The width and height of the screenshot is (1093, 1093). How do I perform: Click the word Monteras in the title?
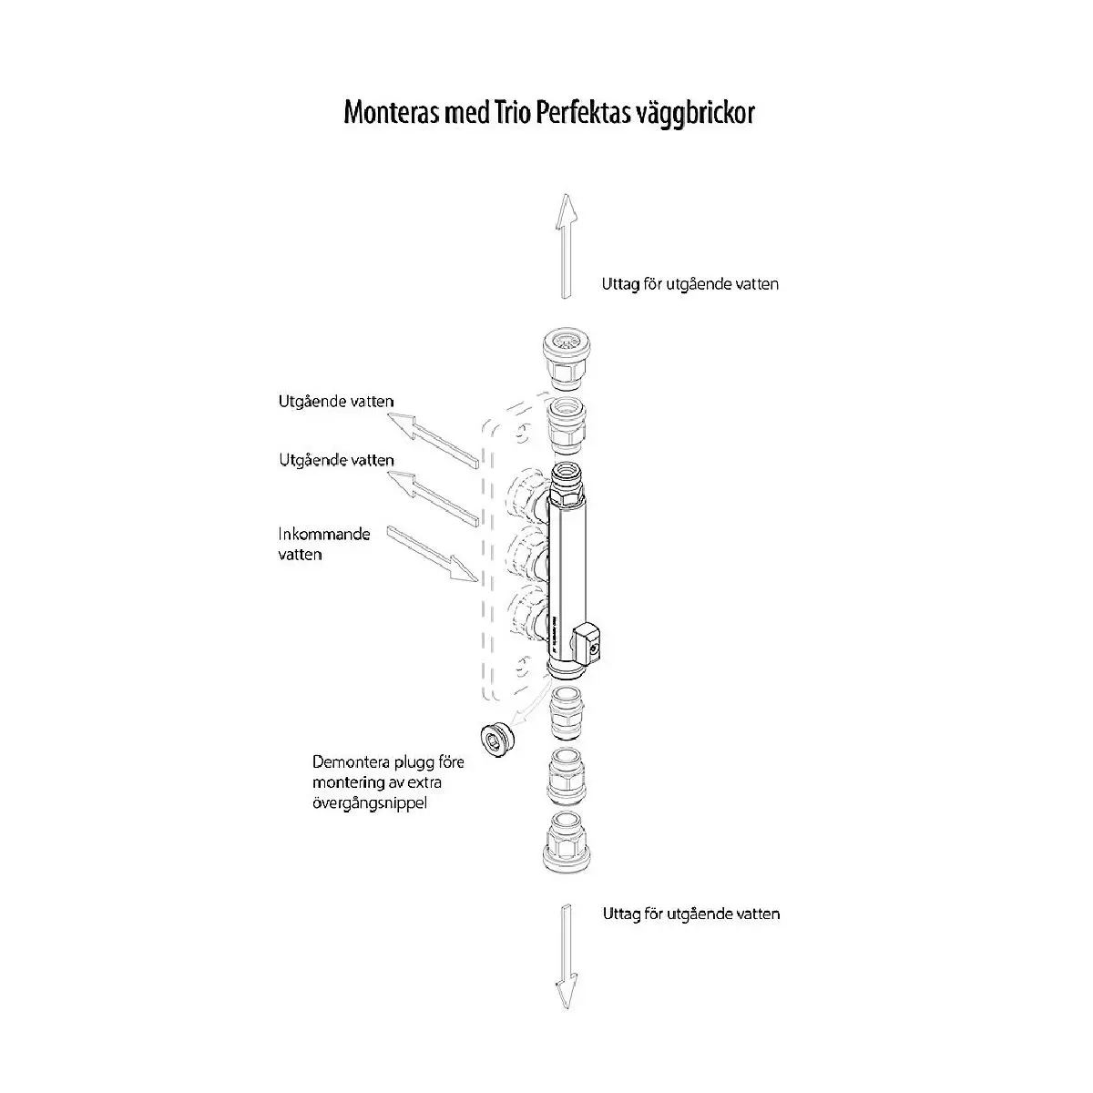[x=392, y=113]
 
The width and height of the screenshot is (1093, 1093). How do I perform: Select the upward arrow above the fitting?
[x=566, y=246]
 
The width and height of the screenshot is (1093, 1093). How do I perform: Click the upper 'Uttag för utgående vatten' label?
[x=690, y=284]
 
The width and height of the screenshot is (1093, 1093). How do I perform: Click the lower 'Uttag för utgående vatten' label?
[x=690, y=914]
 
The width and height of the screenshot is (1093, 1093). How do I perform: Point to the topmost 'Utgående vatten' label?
[x=336, y=402]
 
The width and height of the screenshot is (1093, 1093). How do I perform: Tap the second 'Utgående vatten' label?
[x=336, y=460]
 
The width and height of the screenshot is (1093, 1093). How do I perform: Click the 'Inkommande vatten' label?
[x=324, y=544]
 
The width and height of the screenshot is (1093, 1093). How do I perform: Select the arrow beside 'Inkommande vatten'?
[x=434, y=554]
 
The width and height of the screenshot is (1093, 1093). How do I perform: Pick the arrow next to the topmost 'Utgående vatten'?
[x=434, y=441]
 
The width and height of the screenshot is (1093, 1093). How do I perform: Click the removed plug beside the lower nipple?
[x=497, y=741]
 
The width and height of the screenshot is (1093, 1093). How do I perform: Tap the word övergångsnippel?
[x=369, y=803]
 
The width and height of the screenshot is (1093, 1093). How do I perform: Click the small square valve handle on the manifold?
[x=587, y=642]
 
